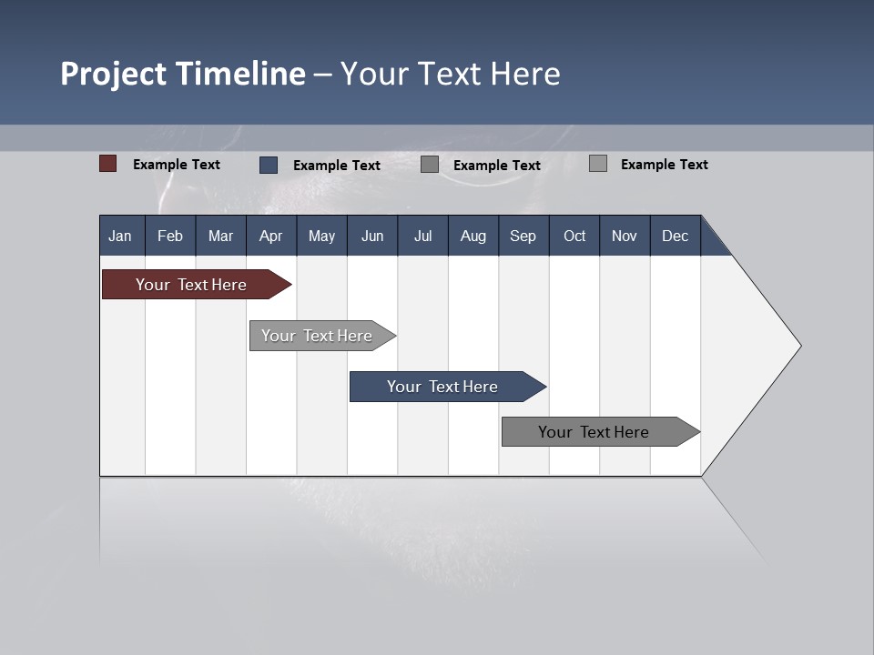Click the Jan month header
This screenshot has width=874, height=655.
121,236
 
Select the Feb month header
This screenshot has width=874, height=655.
170,236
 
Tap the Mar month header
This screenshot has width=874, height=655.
220,236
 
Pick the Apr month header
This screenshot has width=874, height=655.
271,236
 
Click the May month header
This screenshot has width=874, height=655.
321,236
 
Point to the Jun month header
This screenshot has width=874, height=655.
372,236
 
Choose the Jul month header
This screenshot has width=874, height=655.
422,236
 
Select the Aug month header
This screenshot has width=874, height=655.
473,236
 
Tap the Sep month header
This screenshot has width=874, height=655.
523,236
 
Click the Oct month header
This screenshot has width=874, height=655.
574,236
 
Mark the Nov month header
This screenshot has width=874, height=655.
625,236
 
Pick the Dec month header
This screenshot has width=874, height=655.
676,236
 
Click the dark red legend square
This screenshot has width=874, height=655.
108,164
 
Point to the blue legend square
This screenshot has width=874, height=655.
269,165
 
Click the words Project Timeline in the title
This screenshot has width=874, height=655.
183,74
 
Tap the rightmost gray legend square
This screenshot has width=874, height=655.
598,164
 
